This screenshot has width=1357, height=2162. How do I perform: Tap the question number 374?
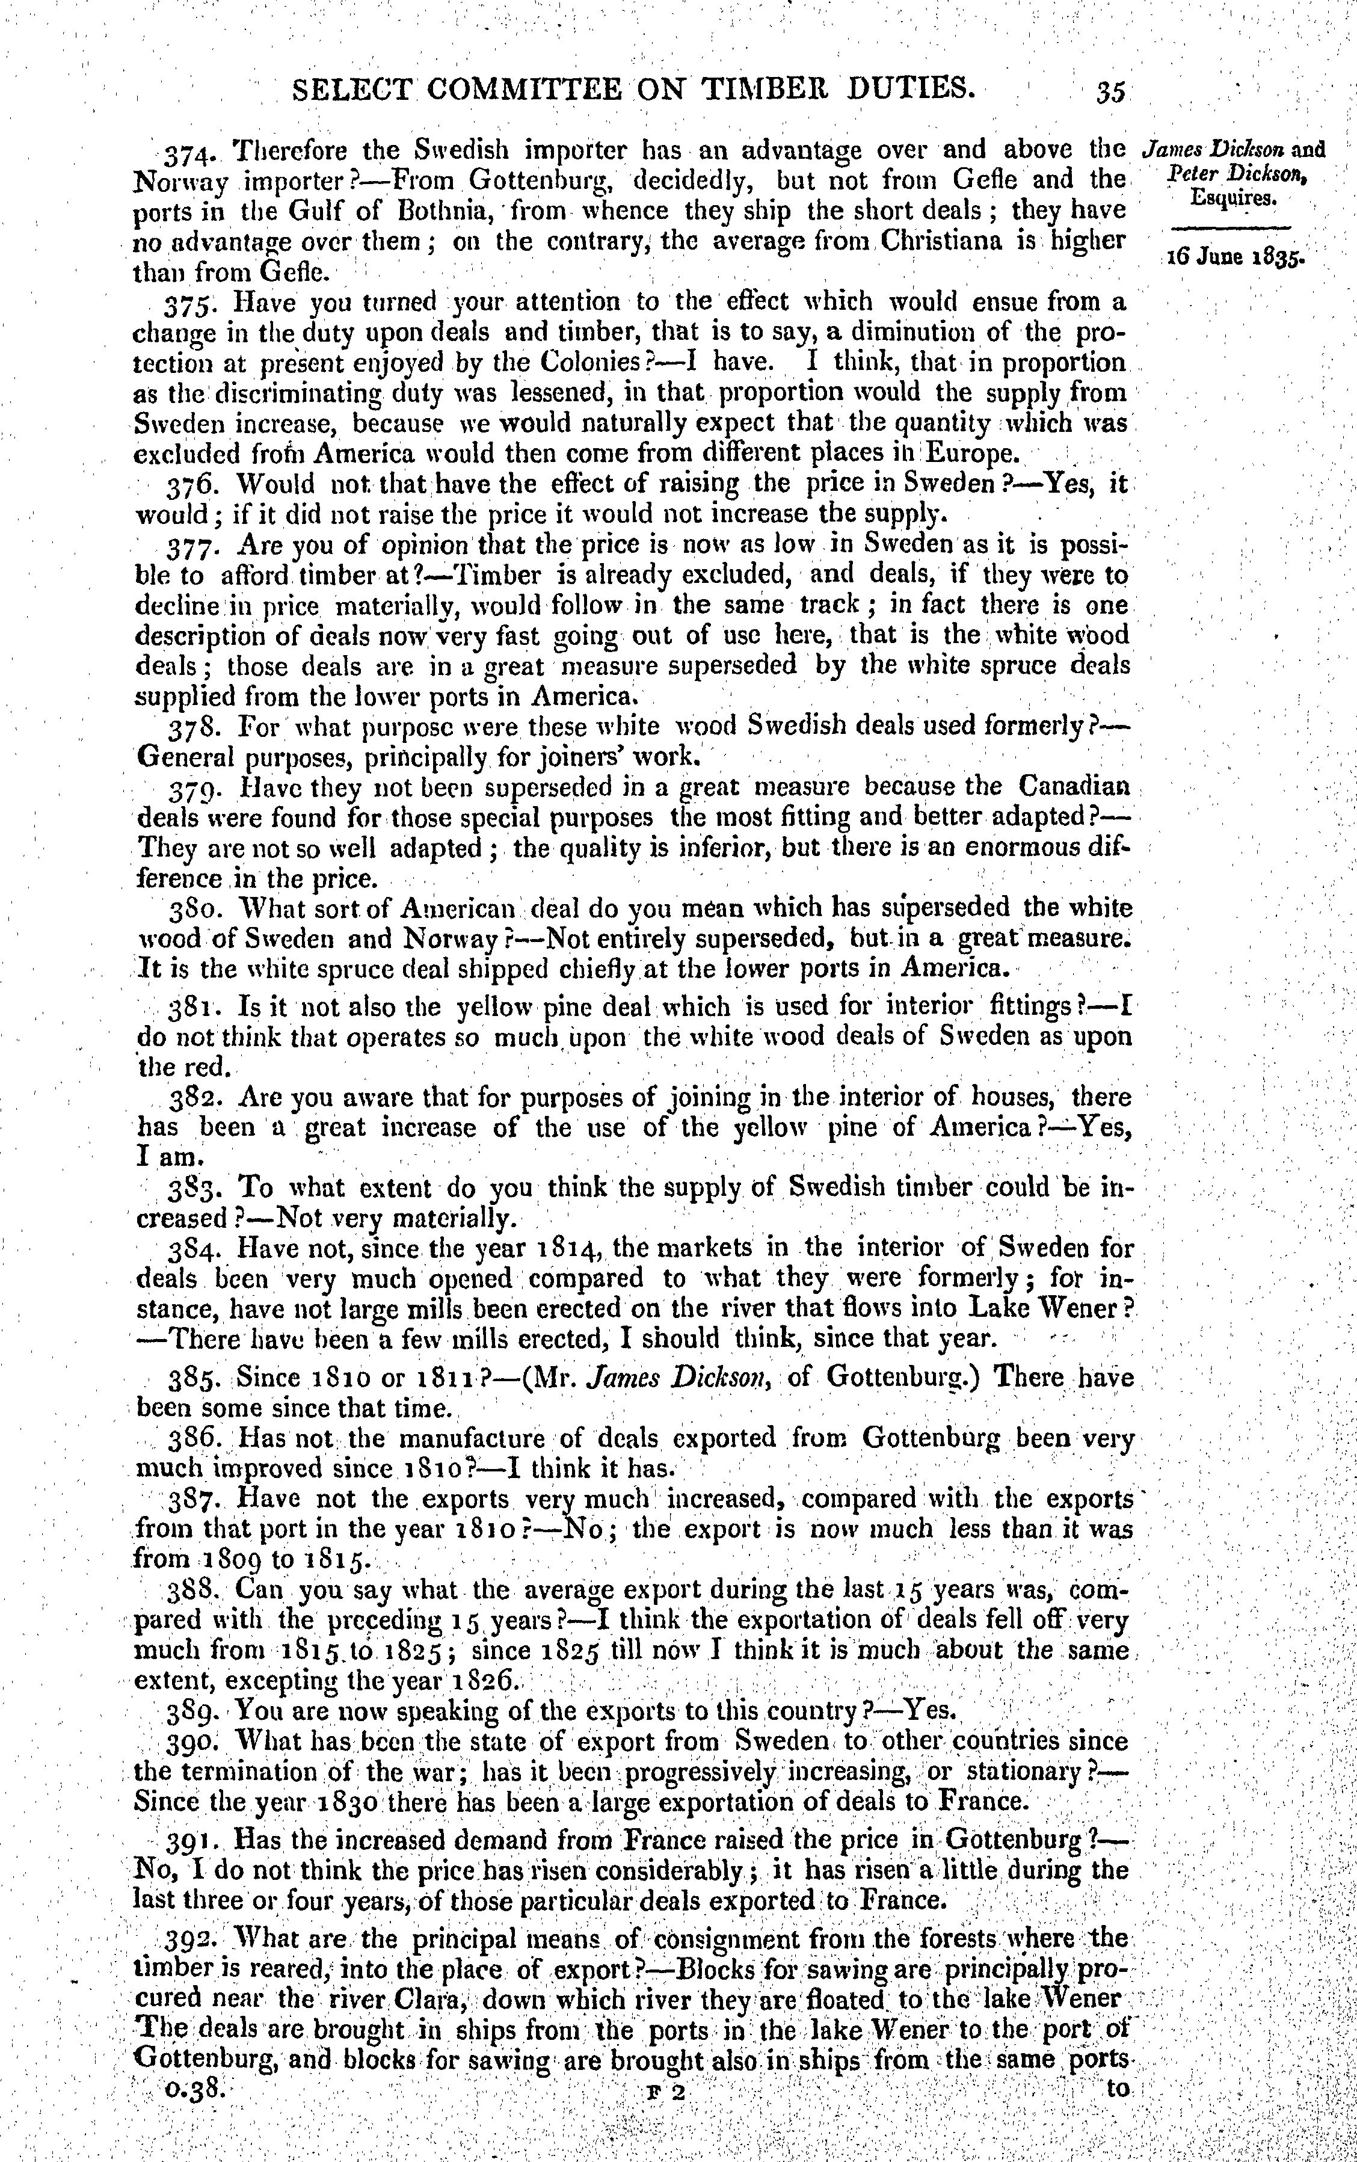coord(188,151)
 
